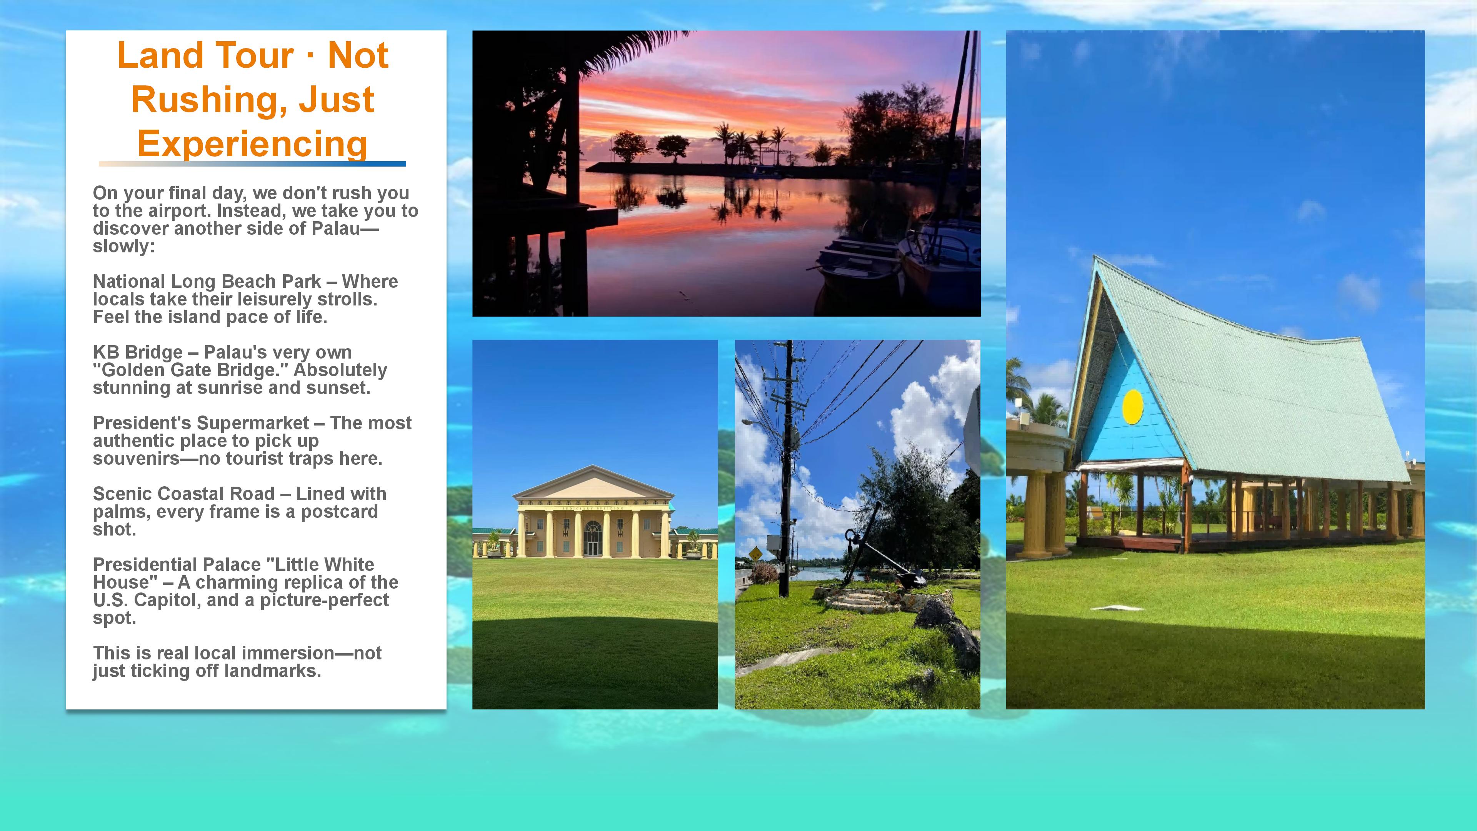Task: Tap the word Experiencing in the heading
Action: [252, 144]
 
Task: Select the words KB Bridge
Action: [138, 352]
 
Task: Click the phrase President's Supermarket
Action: [201, 423]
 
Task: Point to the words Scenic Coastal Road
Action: [183, 494]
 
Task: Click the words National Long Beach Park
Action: [207, 282]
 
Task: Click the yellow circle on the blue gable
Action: [1132, 407]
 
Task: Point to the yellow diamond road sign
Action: [756, 554]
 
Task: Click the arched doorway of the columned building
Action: [592, 539]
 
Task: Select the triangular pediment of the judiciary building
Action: [593, 484]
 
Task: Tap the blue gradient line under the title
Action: [252, 164]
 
